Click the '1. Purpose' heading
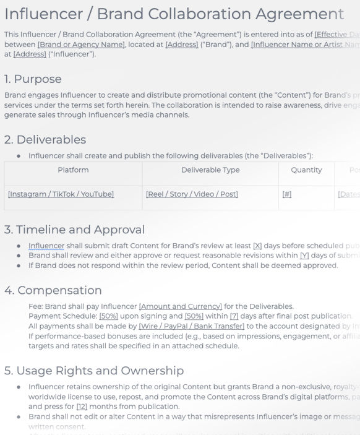[x=33, y=80]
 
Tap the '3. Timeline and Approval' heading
[x=75, y=230]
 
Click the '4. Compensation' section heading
[x=53, y=290]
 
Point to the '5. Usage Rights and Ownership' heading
[x=94, y=371]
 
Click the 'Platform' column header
[x=73, y=170]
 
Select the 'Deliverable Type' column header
[x=210, y=170]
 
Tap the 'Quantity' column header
[x=306, y=170]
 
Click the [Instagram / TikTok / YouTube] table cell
[x=61, y=194]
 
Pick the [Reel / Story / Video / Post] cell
[x=192, y=194]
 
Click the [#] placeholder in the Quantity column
[x=286, y=194]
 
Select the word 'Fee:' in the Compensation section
[x=37, y=306]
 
